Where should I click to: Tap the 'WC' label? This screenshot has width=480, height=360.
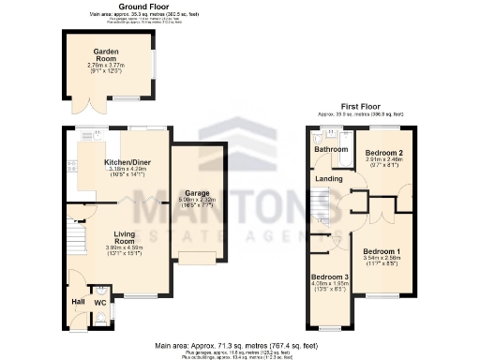(x=100, y=303)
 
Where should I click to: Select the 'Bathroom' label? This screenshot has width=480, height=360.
(x=331, y=149)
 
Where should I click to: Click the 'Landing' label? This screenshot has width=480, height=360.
(x=328, y=178)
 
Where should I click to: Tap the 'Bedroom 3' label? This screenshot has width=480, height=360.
(x=330, y=278)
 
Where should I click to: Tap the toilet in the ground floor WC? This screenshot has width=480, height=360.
(x=101, y=317)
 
